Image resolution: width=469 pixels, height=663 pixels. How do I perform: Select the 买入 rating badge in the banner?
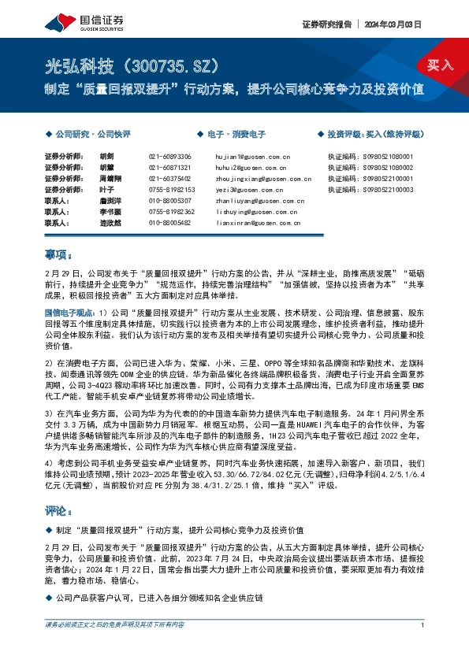coord(438,65)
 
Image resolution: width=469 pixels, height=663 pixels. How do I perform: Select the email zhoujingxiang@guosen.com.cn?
coord(262,179)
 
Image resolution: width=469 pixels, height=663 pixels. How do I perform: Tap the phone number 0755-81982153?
coord(171,190)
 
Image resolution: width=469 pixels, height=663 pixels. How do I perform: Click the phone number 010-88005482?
coord(169,223)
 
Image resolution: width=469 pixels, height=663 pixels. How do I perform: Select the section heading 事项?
coord(59,255)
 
